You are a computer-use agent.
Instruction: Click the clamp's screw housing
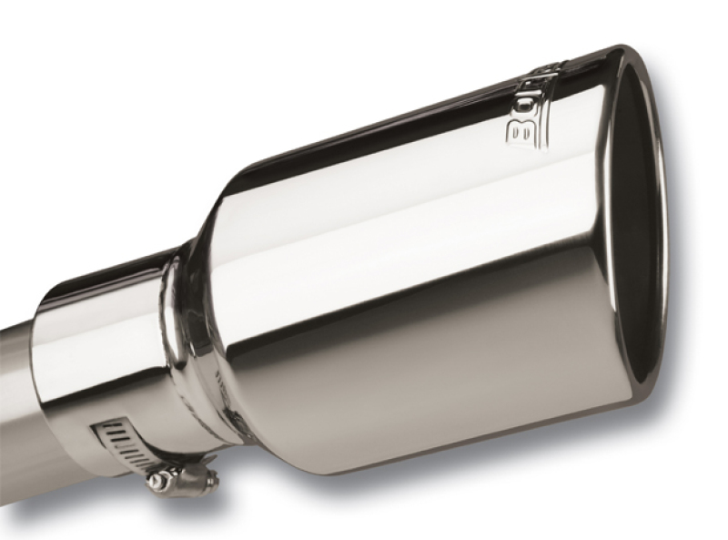pyautogui.click(x=187, y=474)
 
